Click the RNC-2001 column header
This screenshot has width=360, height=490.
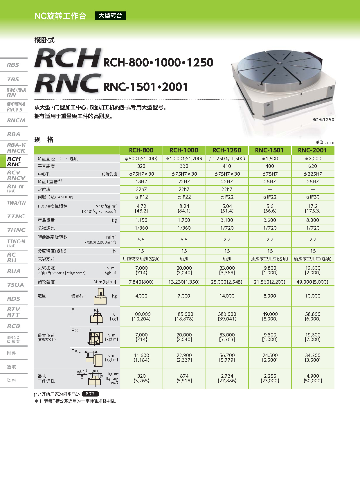click(x=313, y=150)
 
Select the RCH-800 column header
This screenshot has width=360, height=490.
click(x=141, y=150)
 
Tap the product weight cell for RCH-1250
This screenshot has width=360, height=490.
click(x=227, y=220)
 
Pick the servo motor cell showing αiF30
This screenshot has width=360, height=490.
click(x=313, y=197)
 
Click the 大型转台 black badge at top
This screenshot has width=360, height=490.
click(x=110, y=16)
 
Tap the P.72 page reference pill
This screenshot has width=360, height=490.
click(x=90, y=394)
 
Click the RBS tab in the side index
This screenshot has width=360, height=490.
click(x=13, y=65)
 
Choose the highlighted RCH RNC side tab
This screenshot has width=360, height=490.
click(x=14, y=161)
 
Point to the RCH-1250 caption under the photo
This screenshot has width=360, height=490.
click(x=323, y=120)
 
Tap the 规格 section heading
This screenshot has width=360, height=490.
click(x=44, y=140)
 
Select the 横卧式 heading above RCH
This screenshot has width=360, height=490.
click(x=44, y=40)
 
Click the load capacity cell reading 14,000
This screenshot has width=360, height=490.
click(x=227, y=296)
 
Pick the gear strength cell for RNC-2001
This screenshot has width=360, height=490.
click(x=313, y=282)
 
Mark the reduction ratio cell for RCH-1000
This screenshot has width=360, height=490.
click(x=184, y=228)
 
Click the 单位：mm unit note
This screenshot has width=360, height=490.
click(x=325, y=142)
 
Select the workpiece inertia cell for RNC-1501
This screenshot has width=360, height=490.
click(x=270, y=378)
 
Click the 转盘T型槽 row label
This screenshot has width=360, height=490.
click(x=50, y=182)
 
